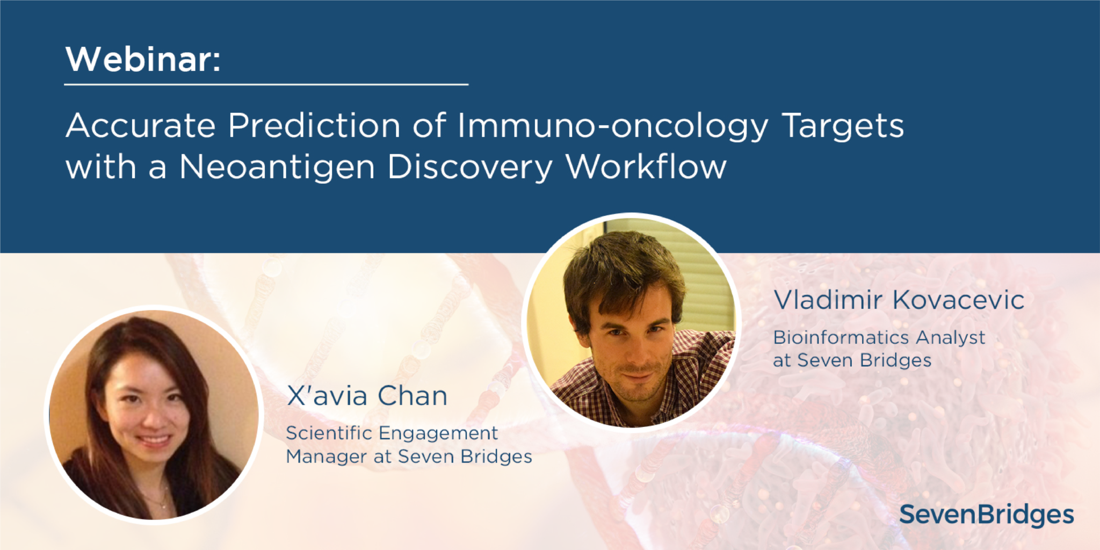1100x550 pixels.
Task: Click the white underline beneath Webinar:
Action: pos(266,84)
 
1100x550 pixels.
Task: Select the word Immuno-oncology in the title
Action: pos(613,127)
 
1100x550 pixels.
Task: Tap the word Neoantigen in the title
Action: pos(277,167)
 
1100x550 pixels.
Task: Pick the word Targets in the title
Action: pos(843,127)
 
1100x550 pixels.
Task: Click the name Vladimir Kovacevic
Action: pos(899,300)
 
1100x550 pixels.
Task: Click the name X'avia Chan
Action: pos(367,396)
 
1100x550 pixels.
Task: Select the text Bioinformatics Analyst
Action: pos(879,338)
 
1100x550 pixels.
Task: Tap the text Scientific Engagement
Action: pos(392,433)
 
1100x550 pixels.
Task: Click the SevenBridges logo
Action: pos(987,515)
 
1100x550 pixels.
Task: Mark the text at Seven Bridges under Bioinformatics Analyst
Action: pos(852,360)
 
